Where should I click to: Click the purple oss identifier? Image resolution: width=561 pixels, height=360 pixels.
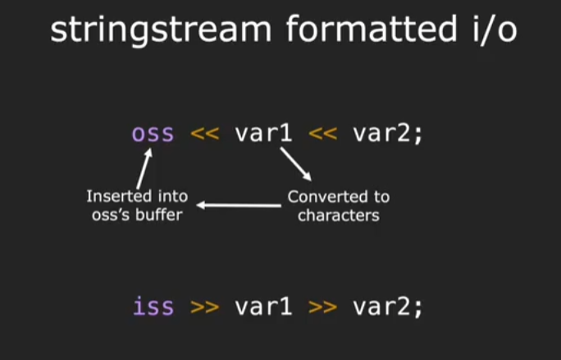click(153, 133)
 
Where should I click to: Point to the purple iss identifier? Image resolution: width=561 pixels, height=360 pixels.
click(153, 307)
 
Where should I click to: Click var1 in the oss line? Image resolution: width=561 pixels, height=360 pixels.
click(263, 133)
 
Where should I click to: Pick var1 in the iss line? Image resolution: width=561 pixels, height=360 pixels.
click(263, 307)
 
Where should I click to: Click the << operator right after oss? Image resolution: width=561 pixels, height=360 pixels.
click(205, 134)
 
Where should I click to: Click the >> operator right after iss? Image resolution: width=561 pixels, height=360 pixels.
click(205, 308)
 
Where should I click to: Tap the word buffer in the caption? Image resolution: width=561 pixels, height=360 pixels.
click(164, 216)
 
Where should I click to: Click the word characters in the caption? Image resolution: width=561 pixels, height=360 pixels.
click(338, 216)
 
